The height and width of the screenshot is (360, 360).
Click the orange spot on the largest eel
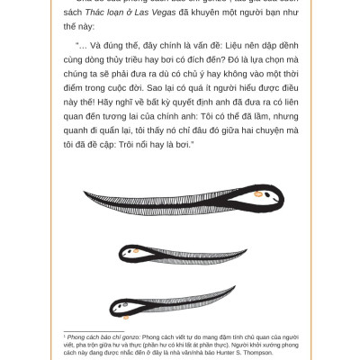[x=258, y=193]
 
